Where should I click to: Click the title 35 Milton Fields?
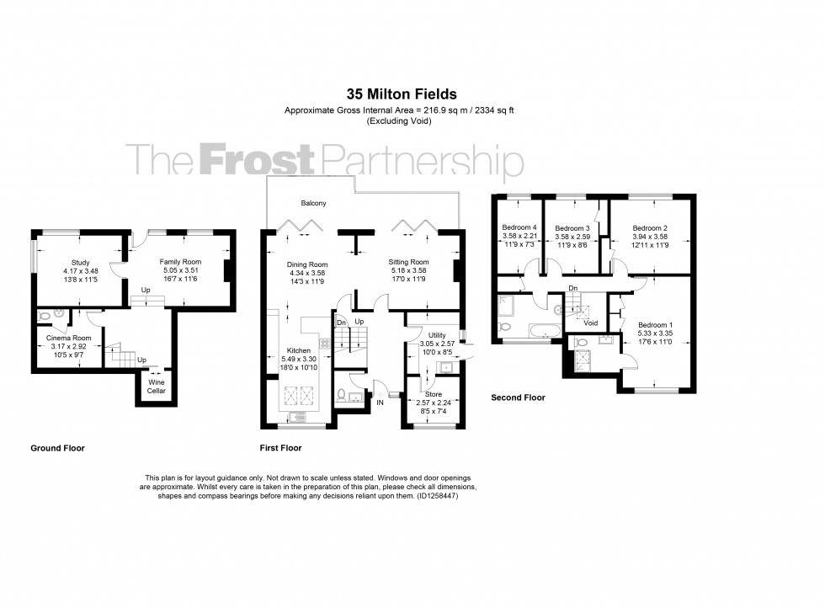coord(402,95)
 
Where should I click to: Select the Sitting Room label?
coord(408,262)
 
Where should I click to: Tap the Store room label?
coord(433,394)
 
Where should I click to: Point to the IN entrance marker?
coord(380,403)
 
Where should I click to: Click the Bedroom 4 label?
coord(519,227)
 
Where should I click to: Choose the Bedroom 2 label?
coord(650,227)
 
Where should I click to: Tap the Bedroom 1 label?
coord(655,324)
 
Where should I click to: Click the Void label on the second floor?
coord(591,322)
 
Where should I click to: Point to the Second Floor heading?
coord(518,397)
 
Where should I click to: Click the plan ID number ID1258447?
coord(437,496)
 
